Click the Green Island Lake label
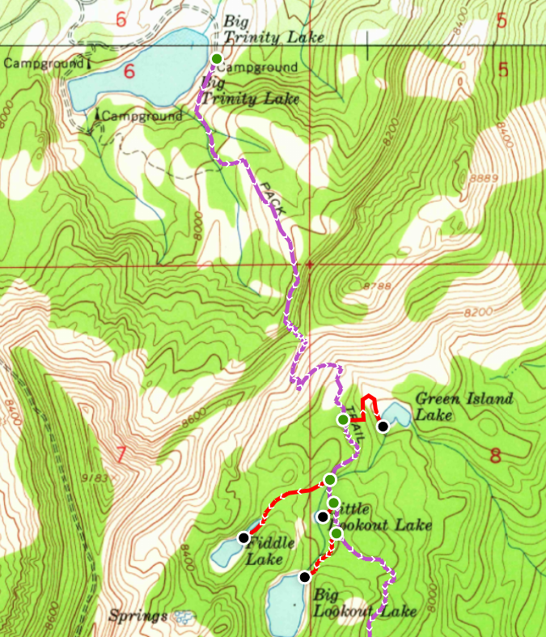click(x=463, y=406)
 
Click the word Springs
click(x=139, y=615)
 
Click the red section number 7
click(x=121, y=456)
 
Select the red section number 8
click(x=495, y=456)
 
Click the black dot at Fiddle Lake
click(x=243, y=537)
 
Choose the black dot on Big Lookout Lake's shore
click(x=304, y=577)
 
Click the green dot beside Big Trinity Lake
click(x=217, y=58)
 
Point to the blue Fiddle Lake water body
click(x=224, y=554)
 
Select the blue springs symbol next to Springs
click(x=184, y=617)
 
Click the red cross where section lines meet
click(x=308, y=264)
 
